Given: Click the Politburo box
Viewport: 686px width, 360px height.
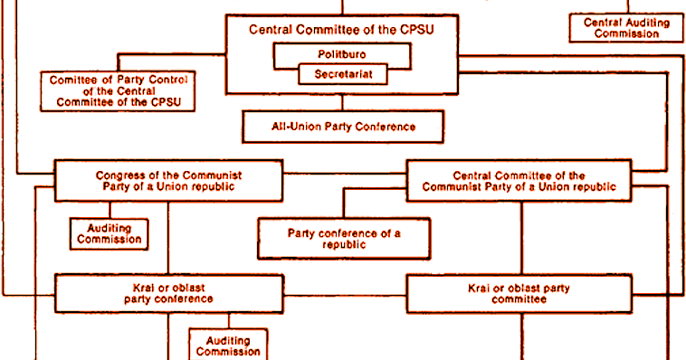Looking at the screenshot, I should (x=341, y=54).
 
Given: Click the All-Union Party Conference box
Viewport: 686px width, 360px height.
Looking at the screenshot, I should (x=343, y=127).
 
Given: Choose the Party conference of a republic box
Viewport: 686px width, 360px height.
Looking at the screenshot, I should (x=344, y=239).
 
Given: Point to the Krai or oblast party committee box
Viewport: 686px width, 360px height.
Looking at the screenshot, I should (x=519, y=293).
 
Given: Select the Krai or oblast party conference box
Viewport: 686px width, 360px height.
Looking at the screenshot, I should (x=168, y=293).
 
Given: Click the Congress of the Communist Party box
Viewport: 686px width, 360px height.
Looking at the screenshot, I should (x=168, y=180).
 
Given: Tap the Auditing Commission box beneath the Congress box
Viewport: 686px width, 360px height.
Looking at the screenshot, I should (x=108, y=233).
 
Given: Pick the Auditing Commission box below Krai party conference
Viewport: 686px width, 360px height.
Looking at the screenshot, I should (x=228, y=345).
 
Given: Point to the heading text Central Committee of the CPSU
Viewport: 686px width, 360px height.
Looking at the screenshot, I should (x=341, y=29).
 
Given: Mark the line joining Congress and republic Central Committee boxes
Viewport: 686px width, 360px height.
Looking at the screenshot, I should (x=344, y=173).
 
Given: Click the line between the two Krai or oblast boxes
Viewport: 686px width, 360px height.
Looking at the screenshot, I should (x=344, y=293).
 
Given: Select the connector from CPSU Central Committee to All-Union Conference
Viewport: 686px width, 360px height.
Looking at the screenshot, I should (x=343, y=102).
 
